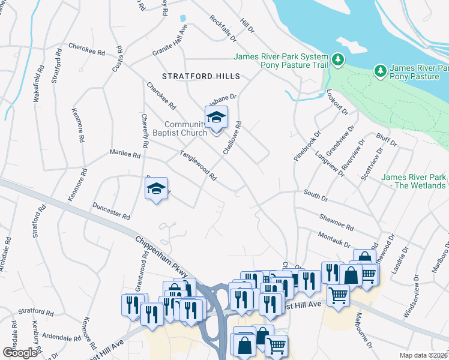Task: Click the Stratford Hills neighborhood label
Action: [x=201, y=76]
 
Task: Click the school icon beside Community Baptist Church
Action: [x=216, y=117]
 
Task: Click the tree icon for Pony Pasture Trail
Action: [x=339, y=59]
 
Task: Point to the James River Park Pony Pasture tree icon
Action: [x=381, y=71]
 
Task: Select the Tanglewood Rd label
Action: [x=198, y=166]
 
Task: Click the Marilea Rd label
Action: [x=124, y=154]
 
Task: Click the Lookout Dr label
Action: [x=337, y=102]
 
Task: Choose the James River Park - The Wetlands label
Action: [x=414, y=181]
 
